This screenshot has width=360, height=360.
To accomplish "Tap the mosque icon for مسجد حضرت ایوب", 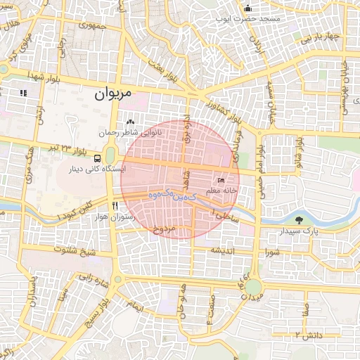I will pos(247,8).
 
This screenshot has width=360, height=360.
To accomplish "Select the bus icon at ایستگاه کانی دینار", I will pos(96,159).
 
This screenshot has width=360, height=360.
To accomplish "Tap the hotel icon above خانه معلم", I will pos(221,181).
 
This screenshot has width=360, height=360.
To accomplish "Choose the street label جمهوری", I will pos(92,26).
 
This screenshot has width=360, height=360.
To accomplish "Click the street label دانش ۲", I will pos(307,334).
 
